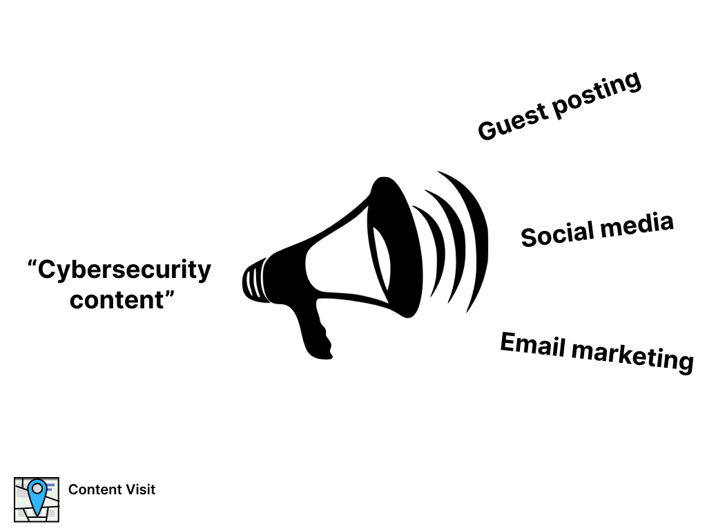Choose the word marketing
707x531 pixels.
click(634, 356)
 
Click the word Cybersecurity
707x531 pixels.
click(124, 270)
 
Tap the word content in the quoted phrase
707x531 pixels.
click(113, 300)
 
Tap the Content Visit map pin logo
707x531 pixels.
click(36, 499)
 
